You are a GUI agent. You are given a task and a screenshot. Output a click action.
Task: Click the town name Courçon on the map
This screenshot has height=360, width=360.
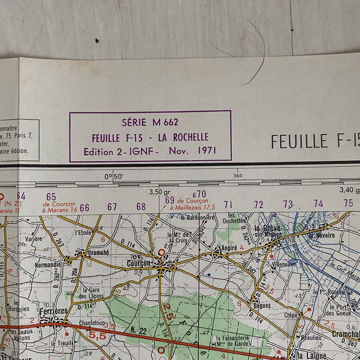(x=139, y=264)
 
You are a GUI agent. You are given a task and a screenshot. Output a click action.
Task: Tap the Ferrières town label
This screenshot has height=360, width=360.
(x=53, y=311)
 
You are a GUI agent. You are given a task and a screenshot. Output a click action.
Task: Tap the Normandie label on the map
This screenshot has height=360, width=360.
(x=48, y=265)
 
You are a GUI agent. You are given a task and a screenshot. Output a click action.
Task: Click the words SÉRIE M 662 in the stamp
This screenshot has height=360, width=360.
(x=150, y=122)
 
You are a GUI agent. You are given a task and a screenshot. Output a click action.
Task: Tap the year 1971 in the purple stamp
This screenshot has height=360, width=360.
(x=207, y=151)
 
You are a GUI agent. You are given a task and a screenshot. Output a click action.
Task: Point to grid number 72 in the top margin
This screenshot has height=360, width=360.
(x=258, y=205)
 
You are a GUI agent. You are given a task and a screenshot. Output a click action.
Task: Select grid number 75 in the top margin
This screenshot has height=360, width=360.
(x=348, y=203)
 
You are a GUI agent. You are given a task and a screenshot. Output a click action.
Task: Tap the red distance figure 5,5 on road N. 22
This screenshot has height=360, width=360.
(x=98, y=336)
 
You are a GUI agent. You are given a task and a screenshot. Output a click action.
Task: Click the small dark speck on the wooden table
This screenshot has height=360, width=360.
(x=97, y=40)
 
